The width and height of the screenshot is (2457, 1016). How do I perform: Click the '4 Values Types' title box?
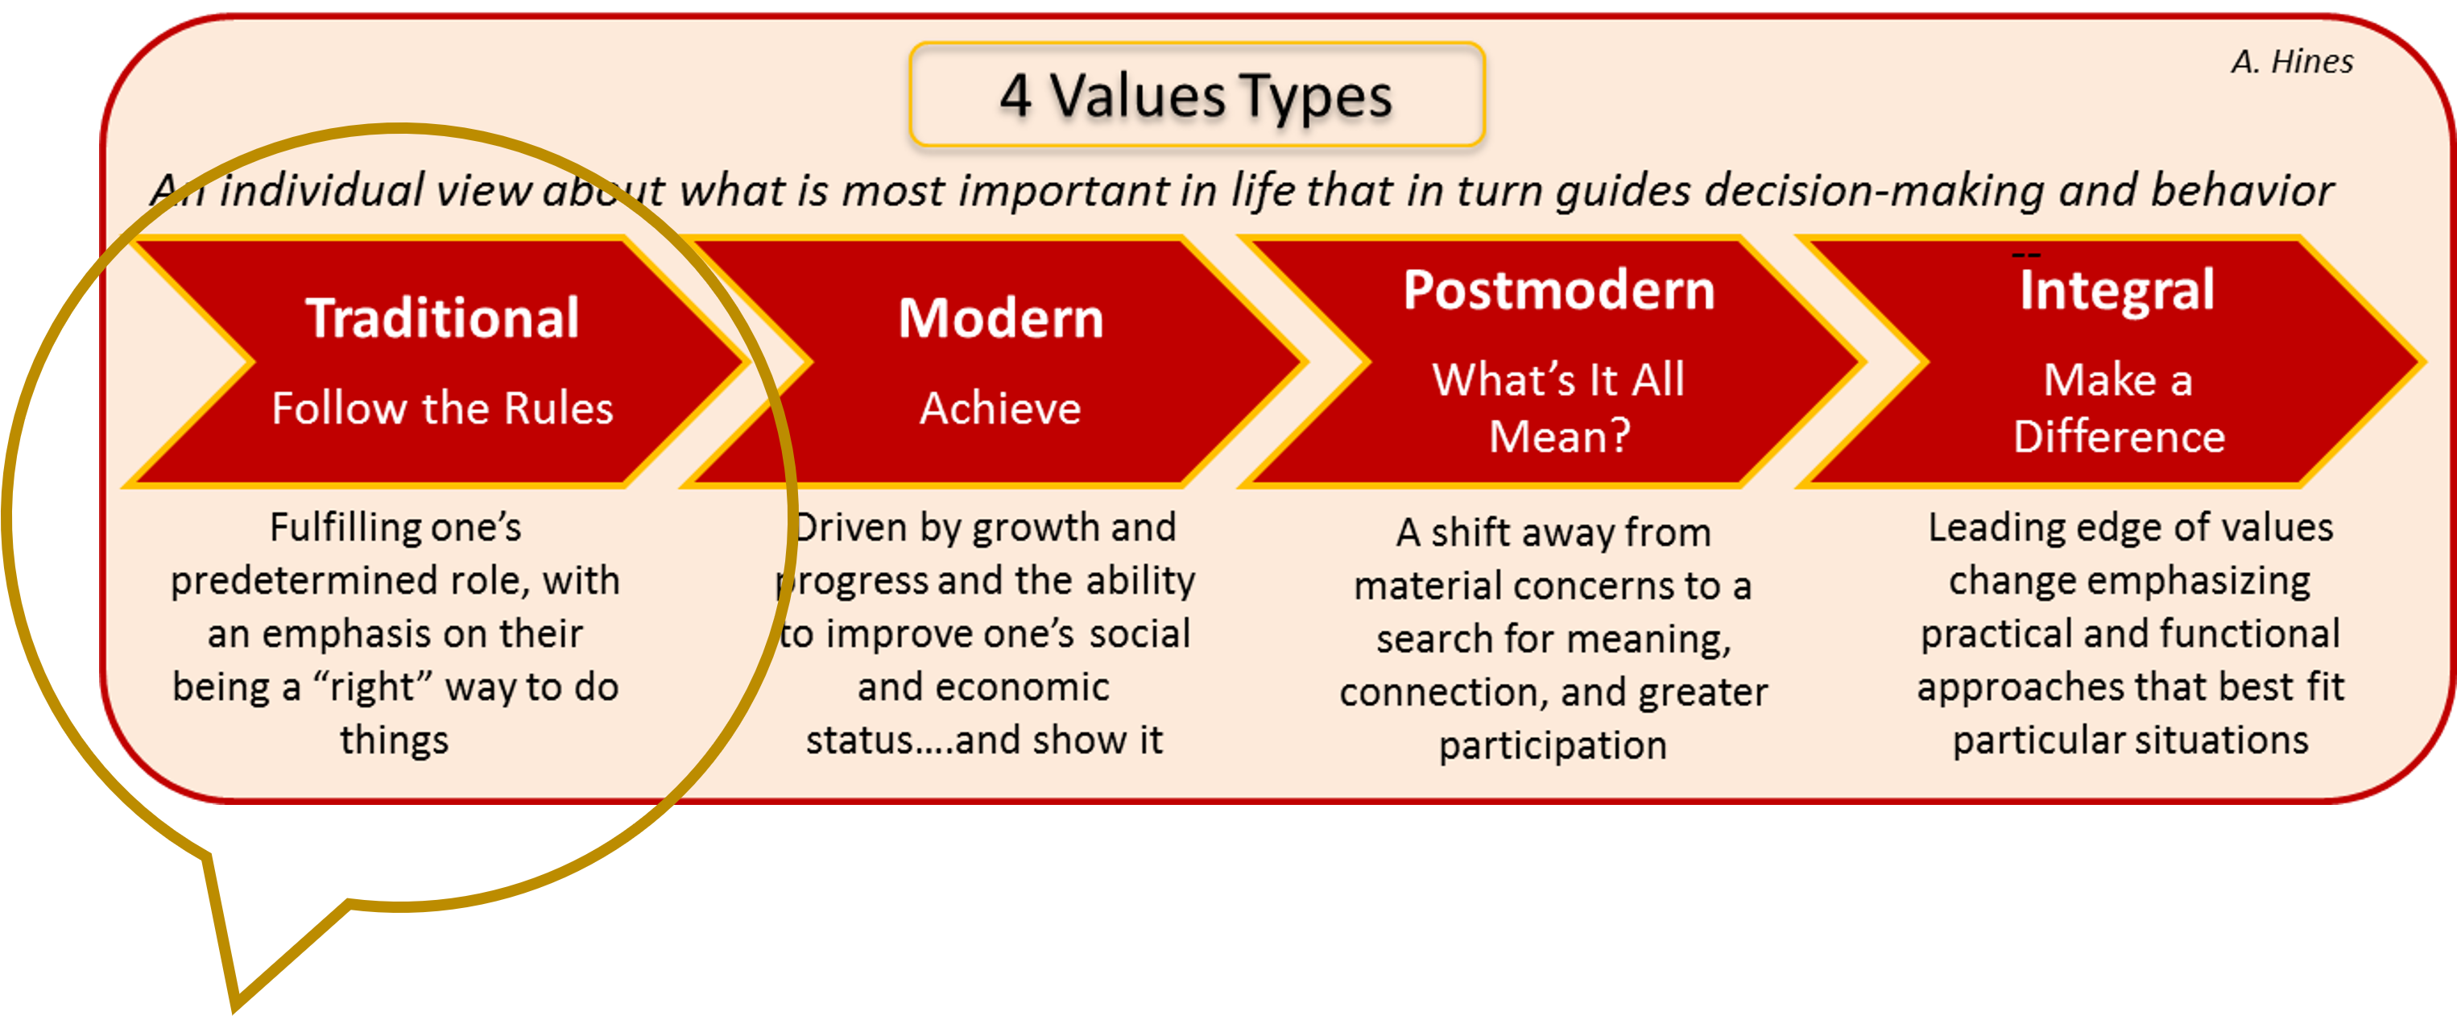[1196, 95]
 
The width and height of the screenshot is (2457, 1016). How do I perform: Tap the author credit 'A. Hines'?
[2292, 62]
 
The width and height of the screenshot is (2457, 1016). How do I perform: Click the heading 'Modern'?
[1000, 317]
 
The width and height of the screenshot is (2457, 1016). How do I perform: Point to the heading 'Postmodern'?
[1558, 290]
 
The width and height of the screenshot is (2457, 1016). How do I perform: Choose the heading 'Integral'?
[2116, 290]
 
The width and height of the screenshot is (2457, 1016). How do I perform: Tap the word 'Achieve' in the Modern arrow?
[1000, 408]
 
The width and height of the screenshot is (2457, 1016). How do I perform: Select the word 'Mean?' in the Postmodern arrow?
[1559, 437]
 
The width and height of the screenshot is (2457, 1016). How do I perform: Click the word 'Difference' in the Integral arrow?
[2119, 437]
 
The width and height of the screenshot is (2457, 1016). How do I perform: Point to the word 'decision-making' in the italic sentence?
[1874, 191]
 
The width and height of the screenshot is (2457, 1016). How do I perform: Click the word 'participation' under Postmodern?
[1553, 746]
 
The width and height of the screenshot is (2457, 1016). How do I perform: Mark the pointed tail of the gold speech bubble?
[234, 1001]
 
